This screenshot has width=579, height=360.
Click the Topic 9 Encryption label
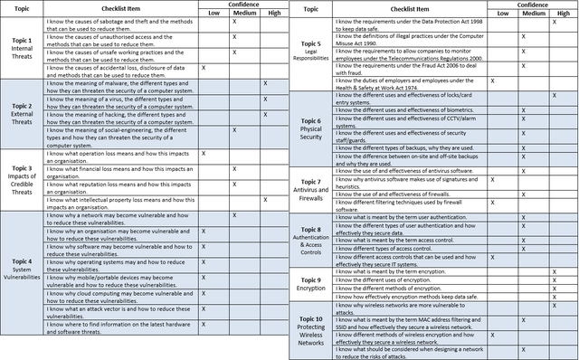310,286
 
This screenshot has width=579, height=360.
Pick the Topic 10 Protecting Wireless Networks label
310,330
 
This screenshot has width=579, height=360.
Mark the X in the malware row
264,83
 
